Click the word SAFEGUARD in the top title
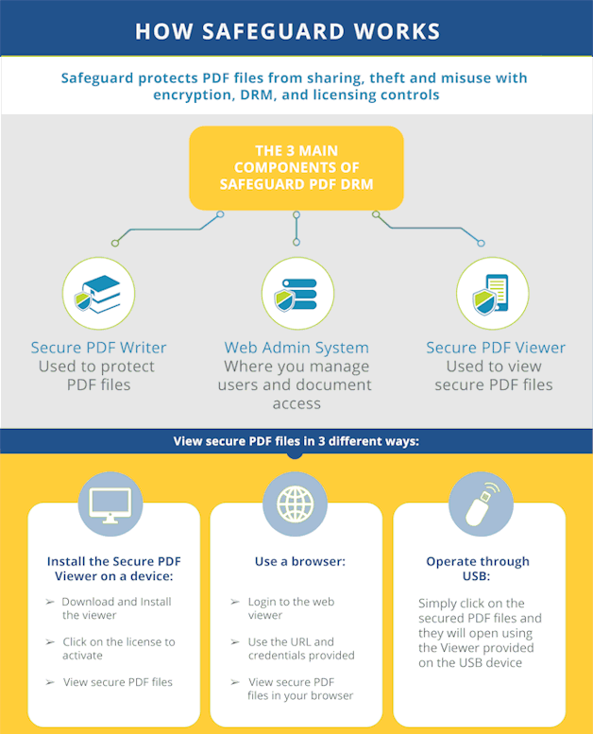coord(273,31)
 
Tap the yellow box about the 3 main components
coord(296,167)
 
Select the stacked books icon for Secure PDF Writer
coord(99,294)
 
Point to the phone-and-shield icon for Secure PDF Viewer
coord(492,294)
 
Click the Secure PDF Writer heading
coord(99,348)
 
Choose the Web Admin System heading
coord(296,348)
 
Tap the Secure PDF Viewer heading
coord(496,348)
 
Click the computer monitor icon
coord(110,504)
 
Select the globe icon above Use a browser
coord(295,504)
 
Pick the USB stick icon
coord(482,504)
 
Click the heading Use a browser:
coord(300,561)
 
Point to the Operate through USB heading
coord(478,569)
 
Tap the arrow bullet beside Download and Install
coord(50,602)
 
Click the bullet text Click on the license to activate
coord(119,648)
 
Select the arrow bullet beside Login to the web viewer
coord(235,602)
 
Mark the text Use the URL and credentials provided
coord(301,648)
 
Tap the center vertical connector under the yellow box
coord(296,229)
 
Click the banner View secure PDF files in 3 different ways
coord(296,441)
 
